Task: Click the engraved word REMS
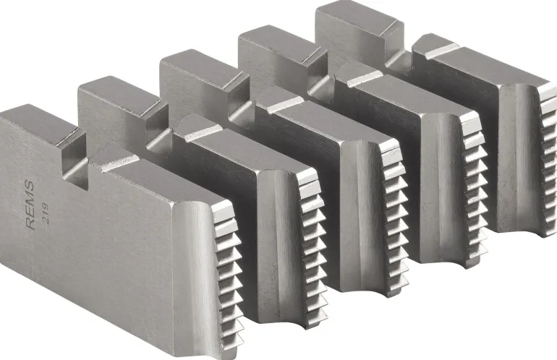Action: coord(30,205)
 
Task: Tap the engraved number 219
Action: coord(45,213)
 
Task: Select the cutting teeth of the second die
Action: coord(312,249)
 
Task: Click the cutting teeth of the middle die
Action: coord(394,217)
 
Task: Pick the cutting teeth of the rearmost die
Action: coord(548,160)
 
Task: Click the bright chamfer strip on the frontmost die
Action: coord(120,163)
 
